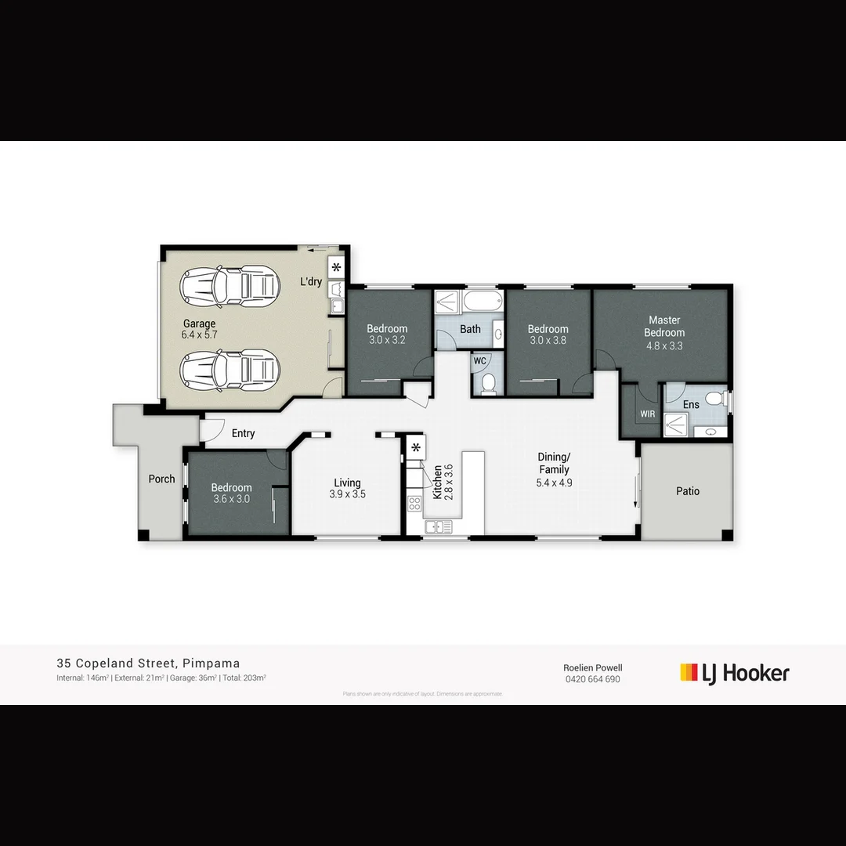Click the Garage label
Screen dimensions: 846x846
pyautogui.click(x=199, y=324)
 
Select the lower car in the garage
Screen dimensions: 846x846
pyautogui.click(x=230, y=369)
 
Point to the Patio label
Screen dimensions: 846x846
pyautogui.click(x=688, y=491)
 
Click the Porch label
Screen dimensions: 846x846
pyautogui.click(x=162, y=479)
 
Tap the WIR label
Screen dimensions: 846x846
pyautogui.click(x=648, y=414)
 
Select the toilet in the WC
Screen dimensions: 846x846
pyautogui.click(x=489, y=382)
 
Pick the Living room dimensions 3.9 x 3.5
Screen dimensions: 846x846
pyautogui.click(x=348, y=494)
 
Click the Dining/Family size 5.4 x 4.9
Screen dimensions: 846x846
pyautogui.click(x=554, y=483)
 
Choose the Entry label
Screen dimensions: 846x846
pyautogui.click(x=243, y=433)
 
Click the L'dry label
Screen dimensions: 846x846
pyautogui.click(x=311, y=281)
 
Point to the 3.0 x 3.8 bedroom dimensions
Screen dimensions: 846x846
pyautogui.click(x=548, y=341)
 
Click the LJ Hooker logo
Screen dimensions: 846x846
pyautogui.click(x=735, y=673)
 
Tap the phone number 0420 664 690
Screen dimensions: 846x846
pyautogui.click(x=592, y=679)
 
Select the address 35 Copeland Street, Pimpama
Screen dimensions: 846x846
pyautogui.click(x=148, y=663)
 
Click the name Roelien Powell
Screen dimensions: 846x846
pyautogui.click(x=592, y=667)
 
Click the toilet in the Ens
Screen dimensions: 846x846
pyautogui.click(x=714, y=399)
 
